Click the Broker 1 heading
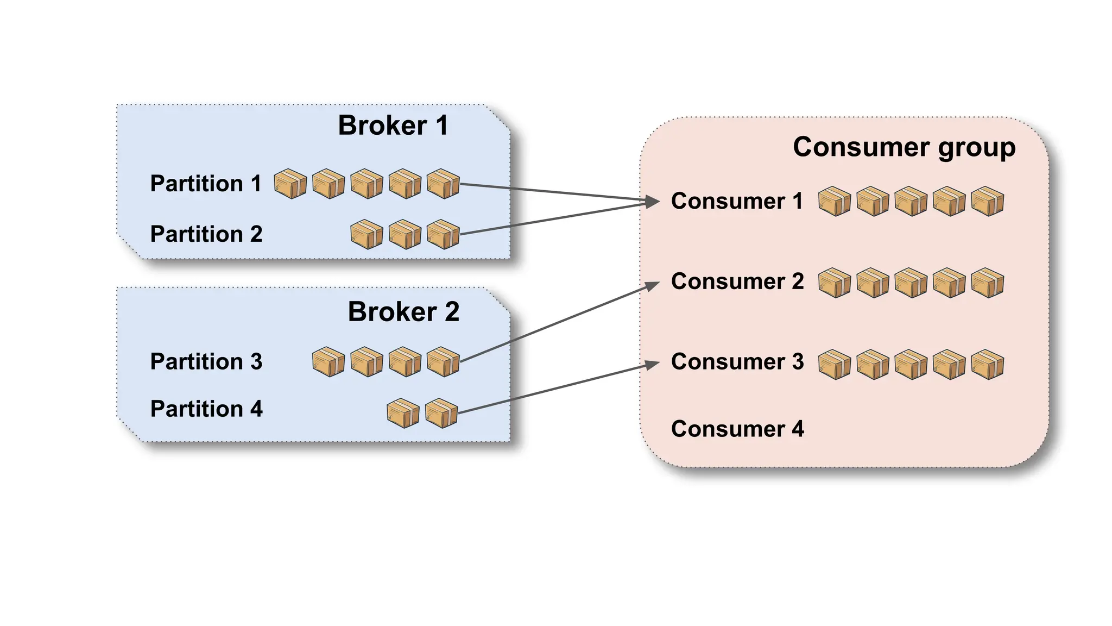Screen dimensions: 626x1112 pyautogui.click(x=393, y=126)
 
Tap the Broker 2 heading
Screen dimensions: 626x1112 pyautogui.click(x=403, y=312)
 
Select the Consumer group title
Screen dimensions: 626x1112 pyautogui.click(x=903, y=147)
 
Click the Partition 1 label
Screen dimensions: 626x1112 pyautogui.click(x=206, y=184)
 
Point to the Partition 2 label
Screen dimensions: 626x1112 pyautogui.click(x=206, y=234)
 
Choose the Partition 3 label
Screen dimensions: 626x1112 pyautogui.click(x=206, y=362)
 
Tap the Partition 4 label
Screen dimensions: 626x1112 pyautogui.click(x=206, y=409)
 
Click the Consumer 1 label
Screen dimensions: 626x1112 pyautogui.click(x=737, y=201)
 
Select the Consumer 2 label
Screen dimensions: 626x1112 pyautogui.click(x=737, y=281)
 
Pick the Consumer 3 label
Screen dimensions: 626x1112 pyautogui.click(x=737, y=362)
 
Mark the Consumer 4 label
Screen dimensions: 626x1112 pyautogui.click(x=737, y=429)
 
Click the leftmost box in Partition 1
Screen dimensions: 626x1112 pyautogui.click(x=290, y=184)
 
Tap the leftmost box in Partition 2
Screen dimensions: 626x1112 pyautogui.click(x=367, y=235)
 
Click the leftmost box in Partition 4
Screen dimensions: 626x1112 pyautogui.click(x=403, y=414)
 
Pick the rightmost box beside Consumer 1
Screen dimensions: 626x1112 pyautogui.click(x=988, y=202)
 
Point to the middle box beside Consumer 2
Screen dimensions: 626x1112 pyautogui.click(x=911, y=283)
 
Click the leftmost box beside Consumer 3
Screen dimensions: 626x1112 pyautogui.click(x=835, y=365)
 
